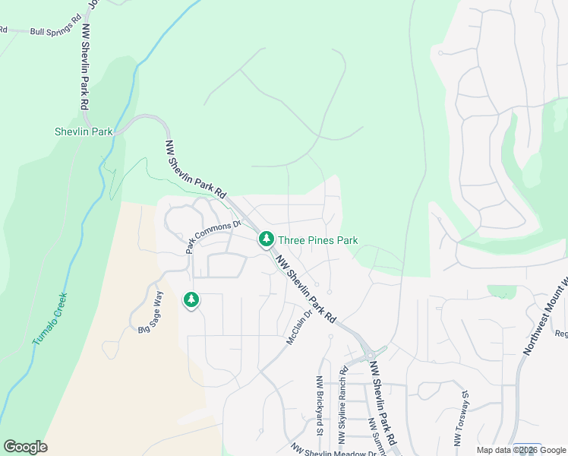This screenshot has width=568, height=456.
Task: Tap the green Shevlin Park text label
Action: pyautogui.click(x=84, y=131)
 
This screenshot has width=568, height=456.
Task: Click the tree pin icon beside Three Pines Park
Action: pyautogui.click(x=266, y=239)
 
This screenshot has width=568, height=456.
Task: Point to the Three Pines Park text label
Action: pyautogui.click(x=317, y=240)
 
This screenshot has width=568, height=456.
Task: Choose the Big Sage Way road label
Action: pyautogui.click(x=150, y=312)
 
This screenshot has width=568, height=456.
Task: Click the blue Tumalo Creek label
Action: pyautogui.click(x=50, y=319)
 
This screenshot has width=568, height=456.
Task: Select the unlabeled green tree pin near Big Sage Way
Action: pyautogui.click(x=191, y=301)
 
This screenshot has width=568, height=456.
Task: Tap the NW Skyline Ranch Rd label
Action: pyautogui.click(x=342, y=406)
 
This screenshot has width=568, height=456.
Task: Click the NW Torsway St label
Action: pyautogui.click(x=459, y=419)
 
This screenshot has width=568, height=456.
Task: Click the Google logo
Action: pyautogui.click(x=25, y=447)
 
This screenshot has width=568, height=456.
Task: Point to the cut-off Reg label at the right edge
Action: pyautogui.click(x=560, y=333)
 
